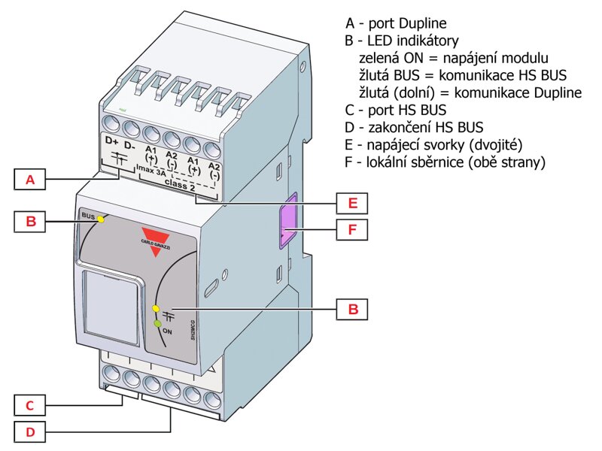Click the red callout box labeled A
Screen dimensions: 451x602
coord(30,180)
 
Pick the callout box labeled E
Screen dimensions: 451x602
coord(351,203)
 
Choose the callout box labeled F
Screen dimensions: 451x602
coord(351,229)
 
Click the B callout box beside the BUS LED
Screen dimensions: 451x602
coord(30,221)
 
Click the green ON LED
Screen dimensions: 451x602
coord(157,324)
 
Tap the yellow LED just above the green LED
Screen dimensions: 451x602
coord(156,309)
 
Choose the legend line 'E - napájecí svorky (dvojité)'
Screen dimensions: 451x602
coord(433,144)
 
